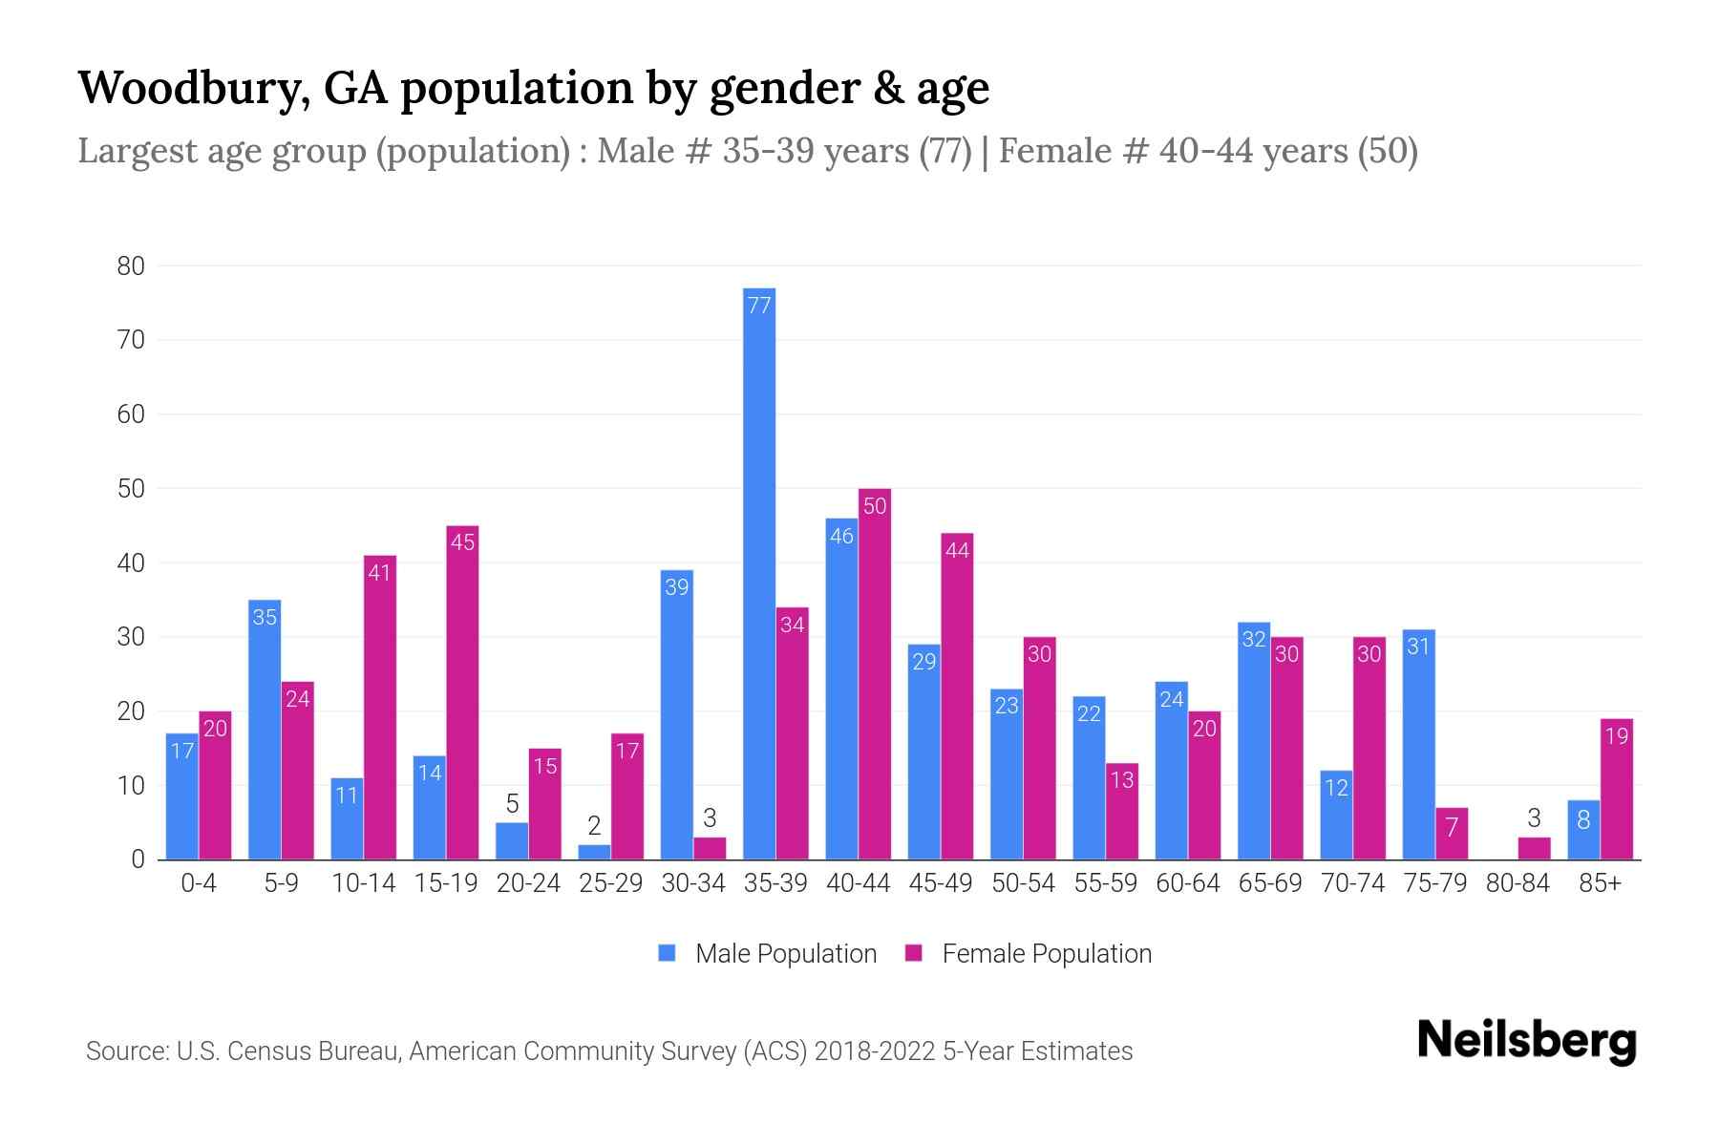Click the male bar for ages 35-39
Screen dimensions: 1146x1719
(x=759, y=573)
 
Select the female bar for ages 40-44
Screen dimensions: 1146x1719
(x=875, y=673)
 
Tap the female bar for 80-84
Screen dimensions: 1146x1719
(x=1534, y=848)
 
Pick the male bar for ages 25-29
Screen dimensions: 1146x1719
(x=594, y=852)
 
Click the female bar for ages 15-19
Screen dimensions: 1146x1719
(x=462, y=692)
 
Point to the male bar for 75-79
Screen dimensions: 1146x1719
(x=1418, y=745)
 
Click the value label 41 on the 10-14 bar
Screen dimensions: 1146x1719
(x=380, y=574)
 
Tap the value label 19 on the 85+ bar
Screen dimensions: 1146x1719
(x=1617, y=736)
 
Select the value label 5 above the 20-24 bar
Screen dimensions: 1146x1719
(x=512, y=804)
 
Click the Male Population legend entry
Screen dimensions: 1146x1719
(x=767, y=954)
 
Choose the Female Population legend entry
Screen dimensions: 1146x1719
(x=1029, y=954)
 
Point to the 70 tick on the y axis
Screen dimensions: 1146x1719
(x=131, y=340)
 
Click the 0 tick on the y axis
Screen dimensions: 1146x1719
(x=138, y=859)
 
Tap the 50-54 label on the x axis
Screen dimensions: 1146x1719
(x=1023, y=883)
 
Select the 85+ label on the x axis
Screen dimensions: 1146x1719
(x=1600, y=883)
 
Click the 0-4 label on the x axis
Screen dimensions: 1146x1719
(x=199, y=883)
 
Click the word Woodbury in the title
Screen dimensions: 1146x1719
(x=192, y=88)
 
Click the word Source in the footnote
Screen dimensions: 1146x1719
(x=126, y=1051)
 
